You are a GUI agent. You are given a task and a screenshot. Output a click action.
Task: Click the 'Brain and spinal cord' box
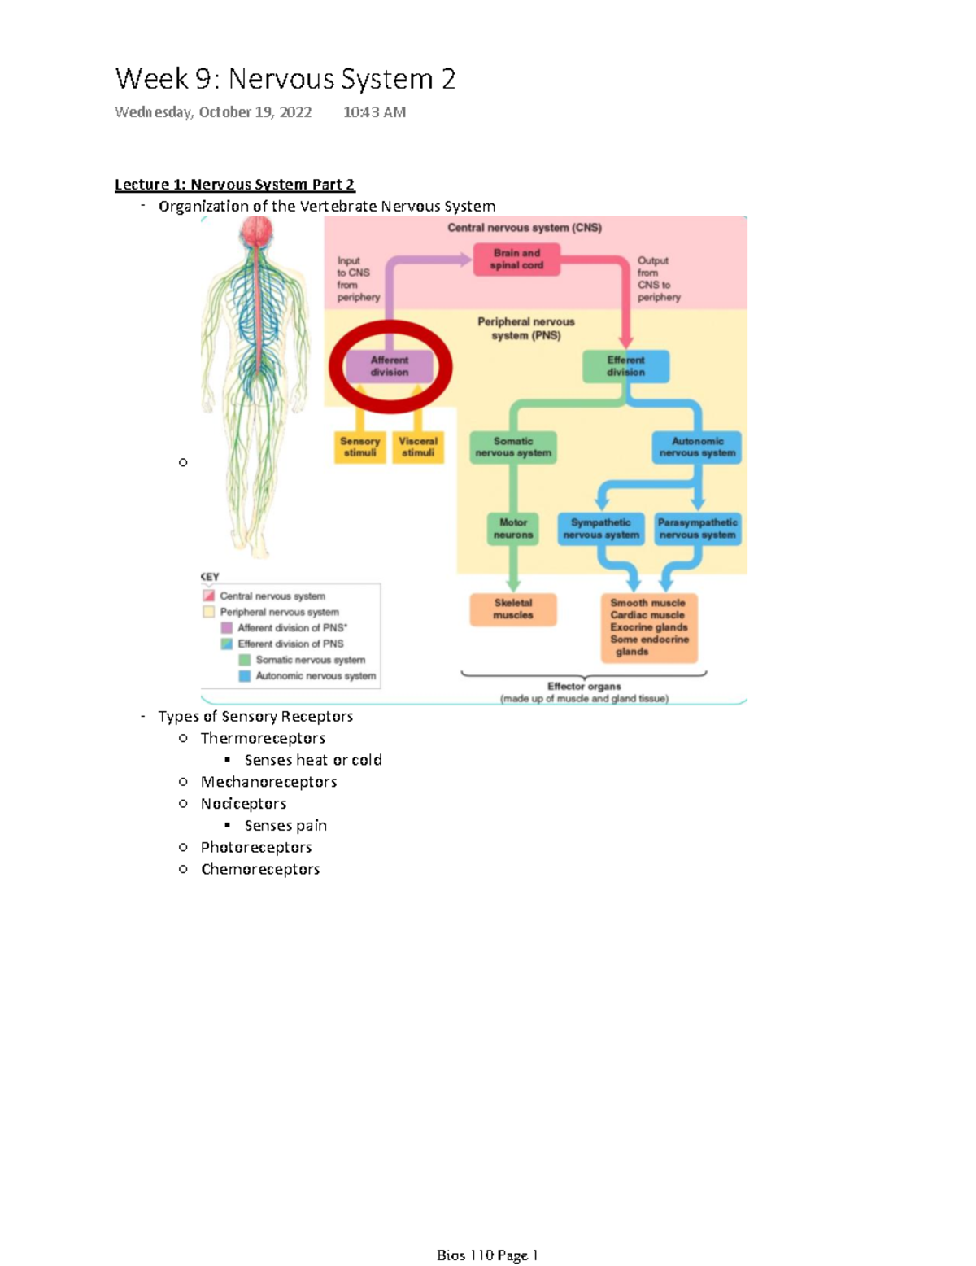pos(516,260)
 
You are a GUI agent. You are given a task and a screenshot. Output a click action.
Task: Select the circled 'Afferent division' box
pos(390,366)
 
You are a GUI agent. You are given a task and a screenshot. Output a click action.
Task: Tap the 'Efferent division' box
pos(625,366)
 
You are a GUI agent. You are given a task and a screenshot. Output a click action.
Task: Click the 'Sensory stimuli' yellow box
pos(359,447)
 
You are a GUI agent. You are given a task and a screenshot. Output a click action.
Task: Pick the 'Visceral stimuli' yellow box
pos(418,447)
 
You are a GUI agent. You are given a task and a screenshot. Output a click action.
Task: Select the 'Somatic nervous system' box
pos(513,447)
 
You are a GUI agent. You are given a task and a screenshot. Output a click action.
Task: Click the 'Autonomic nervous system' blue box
pos(697,447)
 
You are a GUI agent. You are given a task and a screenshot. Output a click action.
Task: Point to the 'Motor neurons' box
pos(513,529)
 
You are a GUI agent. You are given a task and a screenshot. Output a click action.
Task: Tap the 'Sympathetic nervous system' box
pos(601,529)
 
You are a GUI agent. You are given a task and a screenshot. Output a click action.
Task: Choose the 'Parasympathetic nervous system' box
pos(698,529)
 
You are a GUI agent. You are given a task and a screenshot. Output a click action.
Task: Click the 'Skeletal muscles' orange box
pos(513,609)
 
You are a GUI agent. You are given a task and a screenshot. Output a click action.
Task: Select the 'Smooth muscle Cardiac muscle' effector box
pos(649,627)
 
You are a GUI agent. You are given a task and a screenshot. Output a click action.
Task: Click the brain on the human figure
pos(256,234)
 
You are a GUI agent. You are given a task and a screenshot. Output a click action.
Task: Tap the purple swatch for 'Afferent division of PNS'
pos(227,628)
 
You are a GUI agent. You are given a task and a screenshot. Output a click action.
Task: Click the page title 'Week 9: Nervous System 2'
pos(285,79)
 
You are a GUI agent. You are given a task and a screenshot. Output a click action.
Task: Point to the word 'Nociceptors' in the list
pos(243,804)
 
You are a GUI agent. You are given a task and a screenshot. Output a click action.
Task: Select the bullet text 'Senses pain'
pos(285,826)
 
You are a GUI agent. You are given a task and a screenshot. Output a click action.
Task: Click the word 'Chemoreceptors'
pos(260,869)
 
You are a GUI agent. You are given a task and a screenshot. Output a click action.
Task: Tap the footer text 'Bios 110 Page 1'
pos(487,1255)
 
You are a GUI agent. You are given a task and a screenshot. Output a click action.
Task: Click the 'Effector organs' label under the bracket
pos(584,687)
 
